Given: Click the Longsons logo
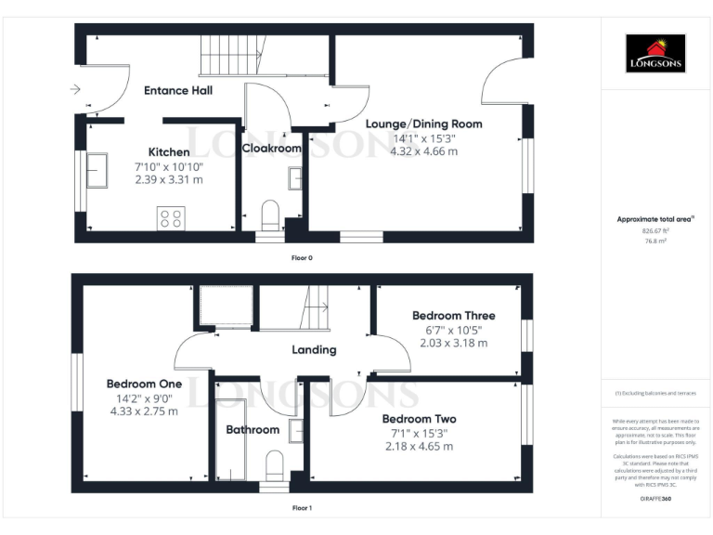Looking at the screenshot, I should click(x=655, y=54).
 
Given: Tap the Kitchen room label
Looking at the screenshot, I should click(x=169, y=152).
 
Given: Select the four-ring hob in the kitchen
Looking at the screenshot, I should click(x=171, y=218).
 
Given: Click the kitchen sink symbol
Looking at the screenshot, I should click(x=96, y=168).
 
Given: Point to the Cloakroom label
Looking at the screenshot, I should click(x=272, y=148).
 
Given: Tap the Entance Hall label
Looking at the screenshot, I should click(x=178, y=90).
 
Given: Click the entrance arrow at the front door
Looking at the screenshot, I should click(x=74, y=90).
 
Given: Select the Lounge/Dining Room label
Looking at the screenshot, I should click(x=423, y=124).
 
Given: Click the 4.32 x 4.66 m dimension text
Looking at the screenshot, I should click(x=423, y=150).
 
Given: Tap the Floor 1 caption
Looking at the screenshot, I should click(x=303, y=508).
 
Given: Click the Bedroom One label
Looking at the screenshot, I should click(x=144, y=384).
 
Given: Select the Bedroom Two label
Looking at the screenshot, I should click(x=420, y=419).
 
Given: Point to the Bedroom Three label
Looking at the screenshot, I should click(x=453, y=316).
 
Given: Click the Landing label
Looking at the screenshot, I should click(x=314, y=350).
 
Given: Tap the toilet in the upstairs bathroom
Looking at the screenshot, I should click(x=274, y=463).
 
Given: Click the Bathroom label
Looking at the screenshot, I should click(x=253, y=429).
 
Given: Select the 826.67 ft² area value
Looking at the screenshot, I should click(x=655, y=230).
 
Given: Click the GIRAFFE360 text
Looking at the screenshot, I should click(x=655, y=500).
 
